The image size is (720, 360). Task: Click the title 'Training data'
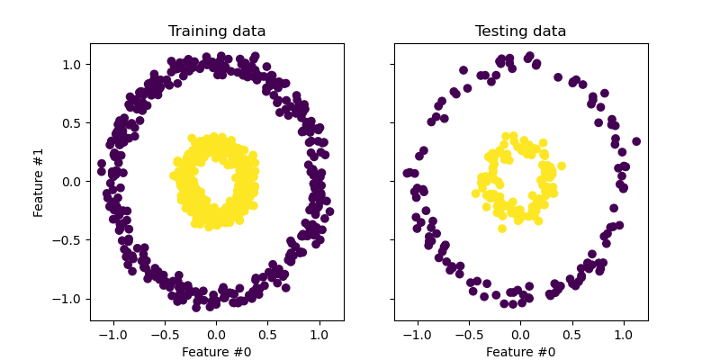coord(217,31)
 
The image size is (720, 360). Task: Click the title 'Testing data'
coord(521,31)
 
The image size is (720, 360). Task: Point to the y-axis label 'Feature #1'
coord(39,182)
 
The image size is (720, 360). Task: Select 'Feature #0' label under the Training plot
coord(217,352)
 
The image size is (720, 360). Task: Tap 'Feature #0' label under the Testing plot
coord(521,352)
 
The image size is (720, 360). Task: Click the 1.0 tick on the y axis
coord(71,65)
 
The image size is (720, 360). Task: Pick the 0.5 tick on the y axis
coord(71,123)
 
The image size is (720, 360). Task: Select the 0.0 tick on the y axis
coord(71,182)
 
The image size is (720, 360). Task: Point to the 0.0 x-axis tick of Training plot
coord(217,333)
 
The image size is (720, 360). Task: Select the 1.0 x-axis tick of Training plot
coord(319,333)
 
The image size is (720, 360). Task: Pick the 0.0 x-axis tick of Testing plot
coord(521,333)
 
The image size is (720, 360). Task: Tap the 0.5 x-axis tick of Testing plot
coord(572,333)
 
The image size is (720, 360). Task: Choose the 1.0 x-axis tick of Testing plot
coord(624,333)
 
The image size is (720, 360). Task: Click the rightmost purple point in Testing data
coord(636,141)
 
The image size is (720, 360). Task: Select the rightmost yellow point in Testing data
coord(562,166)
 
